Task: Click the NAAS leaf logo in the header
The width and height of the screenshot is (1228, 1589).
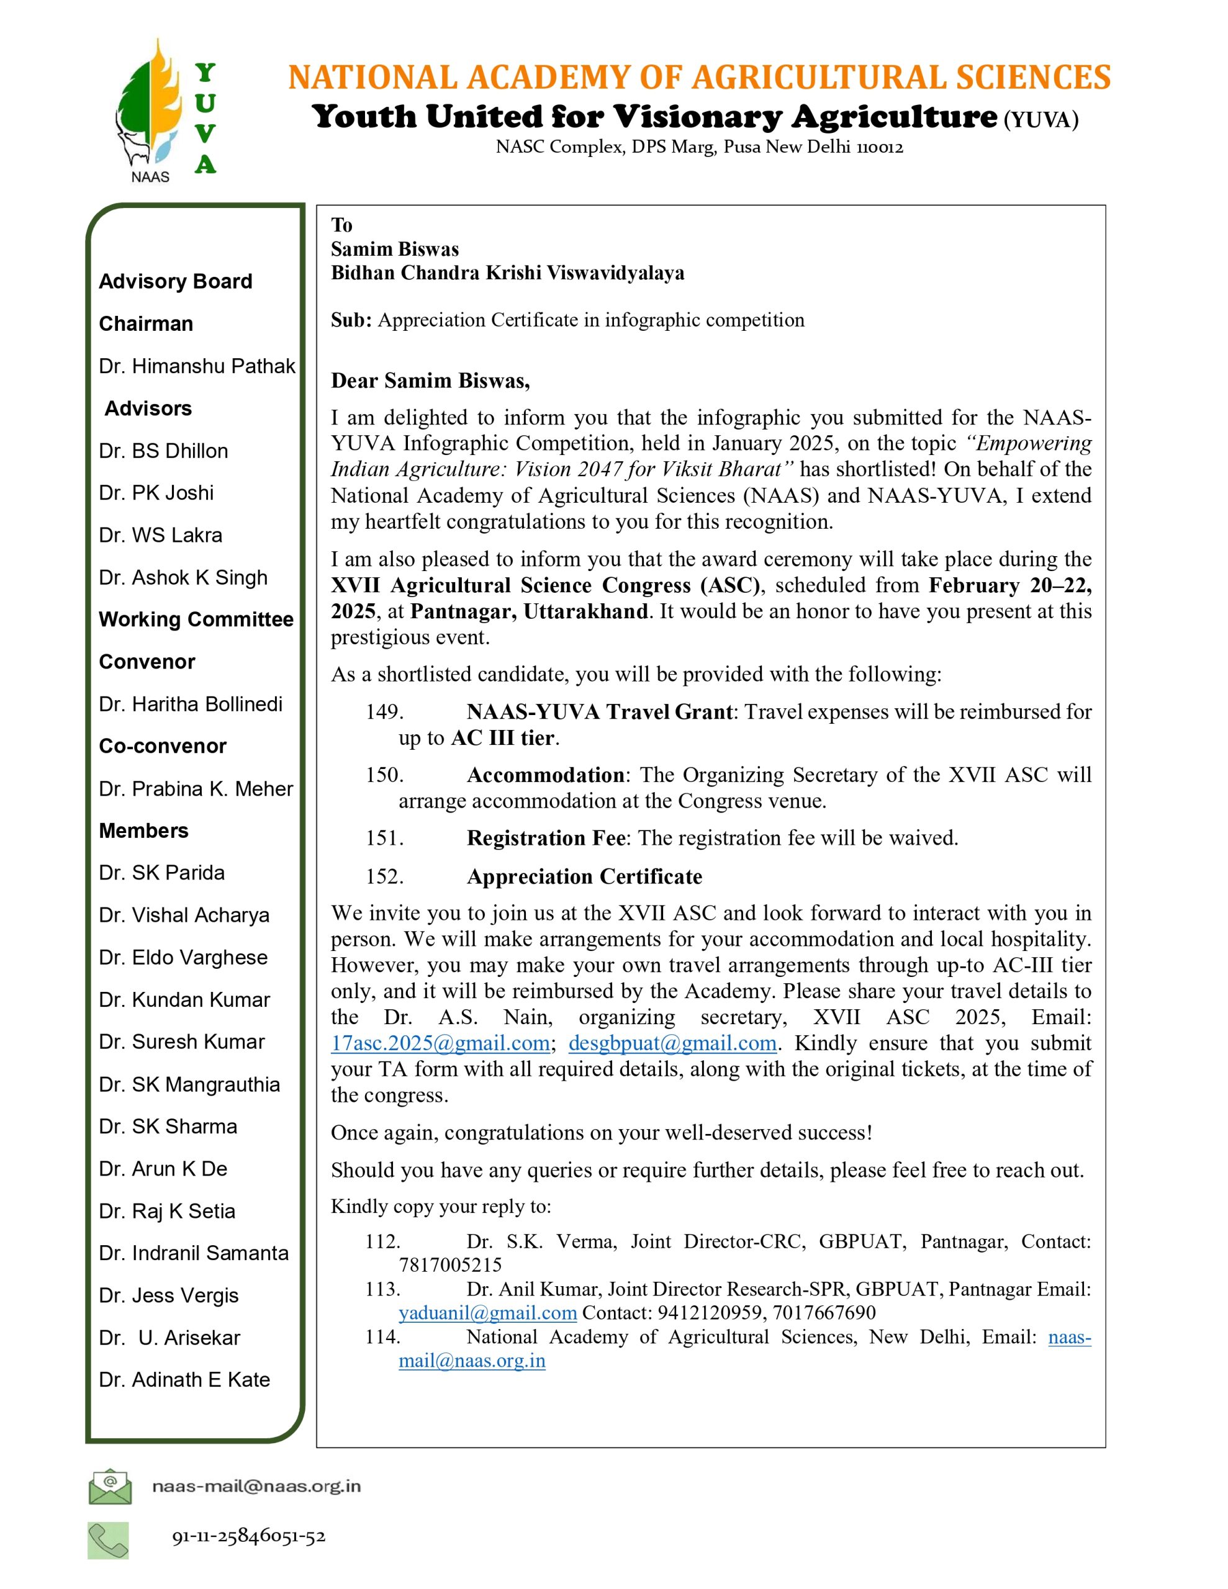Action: (149, 109)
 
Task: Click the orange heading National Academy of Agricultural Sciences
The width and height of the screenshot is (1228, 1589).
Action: (699, 77)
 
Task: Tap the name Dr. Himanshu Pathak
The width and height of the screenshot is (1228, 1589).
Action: (197, 366)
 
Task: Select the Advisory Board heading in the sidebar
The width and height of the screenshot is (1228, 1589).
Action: (176, 282)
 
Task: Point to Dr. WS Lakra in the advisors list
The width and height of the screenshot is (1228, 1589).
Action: (160, 536)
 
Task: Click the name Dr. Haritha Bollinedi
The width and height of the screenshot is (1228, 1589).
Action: (191, 704)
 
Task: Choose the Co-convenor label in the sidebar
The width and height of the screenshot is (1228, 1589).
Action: (162, 747)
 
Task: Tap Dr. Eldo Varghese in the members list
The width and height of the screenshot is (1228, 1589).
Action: (183, 958)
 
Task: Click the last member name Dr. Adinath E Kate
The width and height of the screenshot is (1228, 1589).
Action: (184, 1380)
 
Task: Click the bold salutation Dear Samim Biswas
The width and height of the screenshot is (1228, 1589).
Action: (430, 381)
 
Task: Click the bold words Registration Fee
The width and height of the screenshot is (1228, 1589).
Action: (546, 838)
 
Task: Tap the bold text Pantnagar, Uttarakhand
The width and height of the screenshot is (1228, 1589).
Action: (528, 611)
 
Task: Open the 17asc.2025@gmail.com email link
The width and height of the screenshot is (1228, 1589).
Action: (440, 1043)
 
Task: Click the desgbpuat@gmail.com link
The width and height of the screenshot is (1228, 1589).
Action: (672, 1043)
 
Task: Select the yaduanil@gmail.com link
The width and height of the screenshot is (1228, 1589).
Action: (488, 1313)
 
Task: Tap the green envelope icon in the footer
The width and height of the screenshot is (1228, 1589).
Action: (110, 1487)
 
